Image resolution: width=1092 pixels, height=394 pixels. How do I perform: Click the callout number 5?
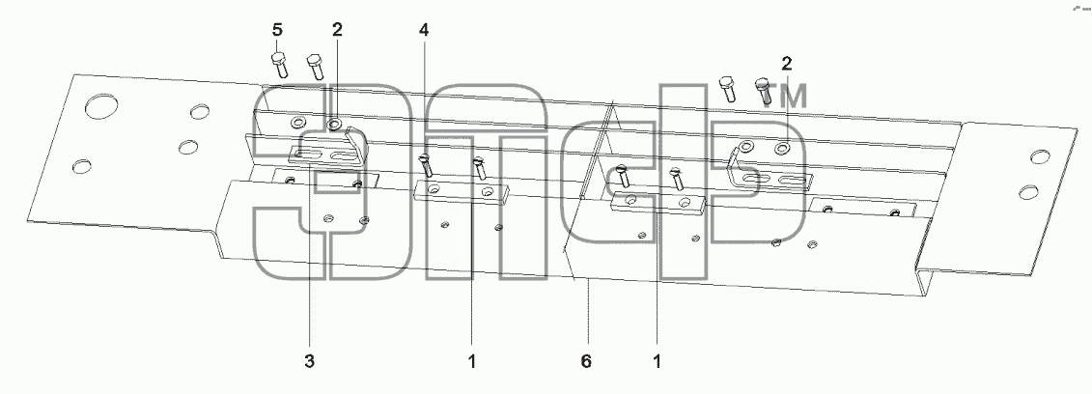277,31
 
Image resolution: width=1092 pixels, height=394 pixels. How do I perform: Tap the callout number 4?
424,31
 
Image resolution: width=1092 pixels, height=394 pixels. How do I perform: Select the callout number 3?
309,362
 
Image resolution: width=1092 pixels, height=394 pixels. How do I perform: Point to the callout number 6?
586,362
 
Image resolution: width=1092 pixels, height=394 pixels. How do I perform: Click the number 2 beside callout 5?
337,31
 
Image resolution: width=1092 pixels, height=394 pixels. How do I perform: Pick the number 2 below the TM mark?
786,65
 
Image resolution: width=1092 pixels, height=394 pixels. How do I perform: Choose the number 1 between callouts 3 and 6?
471,362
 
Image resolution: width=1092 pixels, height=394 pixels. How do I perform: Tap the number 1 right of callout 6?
656,362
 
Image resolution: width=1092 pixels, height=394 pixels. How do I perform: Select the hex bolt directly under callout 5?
279,64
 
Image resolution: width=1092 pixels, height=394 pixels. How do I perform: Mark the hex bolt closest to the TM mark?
764,91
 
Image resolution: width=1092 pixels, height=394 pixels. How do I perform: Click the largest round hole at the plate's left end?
101,106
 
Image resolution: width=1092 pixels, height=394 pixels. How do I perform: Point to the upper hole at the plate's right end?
1041,156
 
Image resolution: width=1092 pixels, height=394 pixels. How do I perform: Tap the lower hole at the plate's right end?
1028,191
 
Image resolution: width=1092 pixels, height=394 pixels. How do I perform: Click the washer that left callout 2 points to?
334,125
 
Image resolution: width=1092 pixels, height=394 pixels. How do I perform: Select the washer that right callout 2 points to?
783,149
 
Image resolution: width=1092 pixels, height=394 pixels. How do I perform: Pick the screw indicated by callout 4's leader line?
426,166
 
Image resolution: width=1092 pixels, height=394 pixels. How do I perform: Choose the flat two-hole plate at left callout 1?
462,191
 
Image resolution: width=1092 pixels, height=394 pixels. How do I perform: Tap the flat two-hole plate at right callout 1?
658,203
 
